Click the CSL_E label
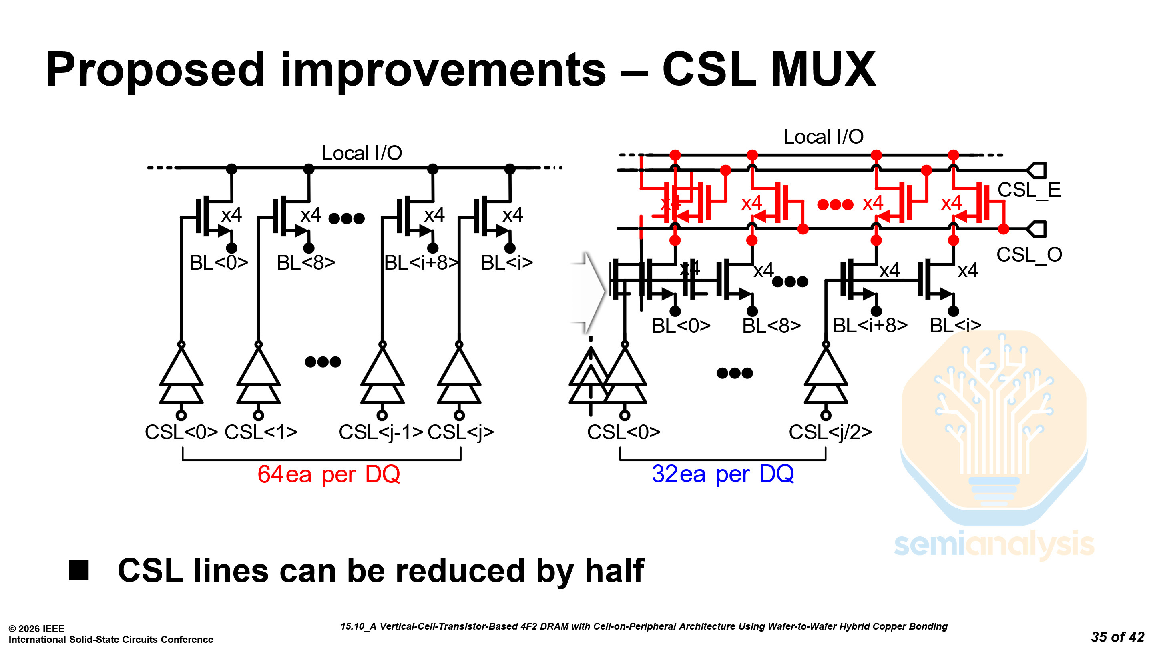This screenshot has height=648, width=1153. point(1028,190)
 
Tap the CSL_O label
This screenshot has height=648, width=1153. point(1028,255)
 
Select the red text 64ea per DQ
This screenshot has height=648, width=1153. point(329,474)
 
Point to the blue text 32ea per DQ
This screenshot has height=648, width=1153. point(722,474)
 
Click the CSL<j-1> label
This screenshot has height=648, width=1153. point(380,432)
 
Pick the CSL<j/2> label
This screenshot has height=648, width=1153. point(830,432)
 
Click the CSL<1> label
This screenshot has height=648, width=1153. point(261,432)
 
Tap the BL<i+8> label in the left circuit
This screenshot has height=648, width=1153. point(421,263)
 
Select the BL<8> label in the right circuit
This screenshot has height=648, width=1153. point(771,326)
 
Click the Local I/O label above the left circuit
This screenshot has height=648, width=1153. point(362,153)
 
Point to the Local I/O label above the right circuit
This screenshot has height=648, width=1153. point(823,137)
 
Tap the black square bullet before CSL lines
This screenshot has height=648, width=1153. point(79,570)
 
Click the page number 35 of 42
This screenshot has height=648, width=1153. point(1117,636)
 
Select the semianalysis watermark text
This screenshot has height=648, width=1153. point(994,544)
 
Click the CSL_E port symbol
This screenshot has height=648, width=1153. point(1036,170)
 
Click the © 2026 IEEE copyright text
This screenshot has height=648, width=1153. point(37,628)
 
